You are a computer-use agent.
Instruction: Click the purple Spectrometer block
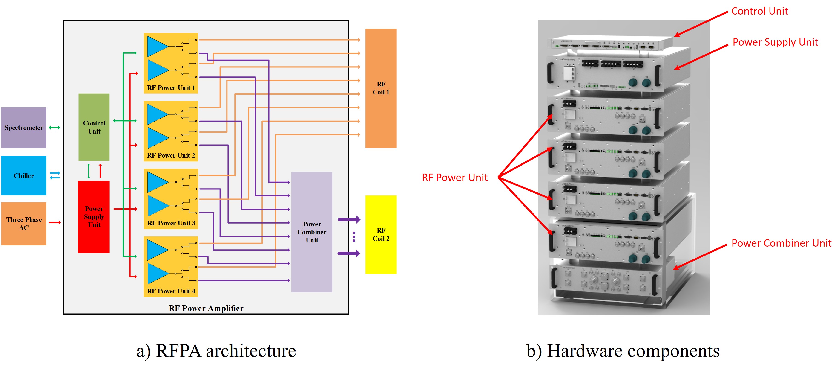point(23,128)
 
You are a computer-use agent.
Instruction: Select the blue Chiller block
point(23,175)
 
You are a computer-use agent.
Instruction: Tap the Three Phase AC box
point(23,224)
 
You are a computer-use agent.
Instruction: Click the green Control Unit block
point(94,127)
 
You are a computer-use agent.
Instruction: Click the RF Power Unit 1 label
point(171,88)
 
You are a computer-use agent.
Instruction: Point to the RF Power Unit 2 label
point(171,155)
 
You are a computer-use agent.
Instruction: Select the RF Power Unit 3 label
point(171,223)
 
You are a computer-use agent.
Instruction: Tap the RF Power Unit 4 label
point(171,291)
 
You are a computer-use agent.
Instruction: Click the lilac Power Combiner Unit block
point(311,232)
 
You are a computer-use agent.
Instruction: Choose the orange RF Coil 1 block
point(380,88)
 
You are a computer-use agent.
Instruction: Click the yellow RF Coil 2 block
point(380,234)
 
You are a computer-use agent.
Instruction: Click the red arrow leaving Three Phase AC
point(55,222)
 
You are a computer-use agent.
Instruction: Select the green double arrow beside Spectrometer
point(54,128)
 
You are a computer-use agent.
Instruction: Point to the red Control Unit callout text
point(759,11)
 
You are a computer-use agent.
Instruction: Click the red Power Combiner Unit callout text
point(781,243)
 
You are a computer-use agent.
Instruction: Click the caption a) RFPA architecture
point(216,351)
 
